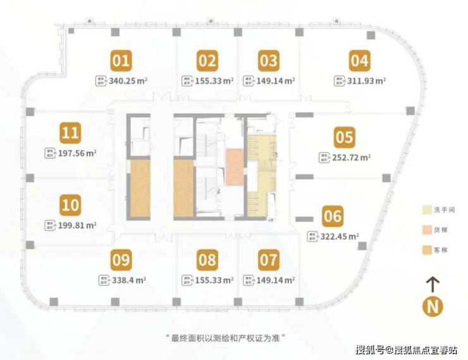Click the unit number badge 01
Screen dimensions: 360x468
tap(121, 61)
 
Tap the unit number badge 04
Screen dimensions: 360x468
tap(359, 61)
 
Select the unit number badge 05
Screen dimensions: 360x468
tap(345, 137)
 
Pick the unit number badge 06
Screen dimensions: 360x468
tap(332, 217)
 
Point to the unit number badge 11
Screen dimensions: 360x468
tap(71, 133)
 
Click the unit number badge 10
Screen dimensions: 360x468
tap(71, 205)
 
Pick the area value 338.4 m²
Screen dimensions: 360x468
tap(128, 278)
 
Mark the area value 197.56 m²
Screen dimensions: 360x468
tap(76, 152)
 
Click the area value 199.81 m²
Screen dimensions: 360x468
tap(76, 225)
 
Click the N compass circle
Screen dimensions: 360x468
tap(433, 307)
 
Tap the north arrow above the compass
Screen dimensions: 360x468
tap(433, 283)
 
